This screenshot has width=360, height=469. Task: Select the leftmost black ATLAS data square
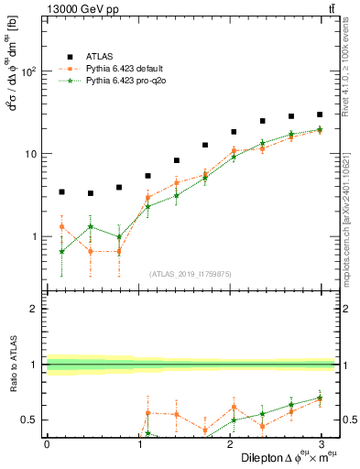pyautogui.click(x=61, y=191)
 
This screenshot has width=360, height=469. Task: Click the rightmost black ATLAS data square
pyautogui.click(x=320, y=115)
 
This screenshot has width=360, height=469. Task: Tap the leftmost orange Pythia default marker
pyautogui.click(x=61, y=226)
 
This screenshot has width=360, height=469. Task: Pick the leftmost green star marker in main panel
pyautogui.click(x=61, y=251)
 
